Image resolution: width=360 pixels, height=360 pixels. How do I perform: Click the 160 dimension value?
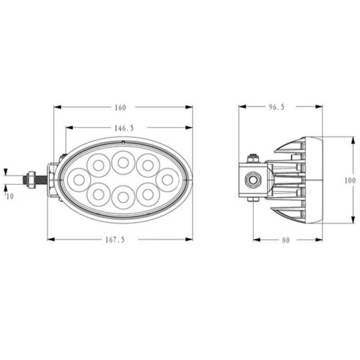click(x=120, y=108)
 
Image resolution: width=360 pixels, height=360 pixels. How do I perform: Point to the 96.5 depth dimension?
click(x=276, y=108)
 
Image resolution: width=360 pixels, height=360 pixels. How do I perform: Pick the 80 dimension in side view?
click(x=285, y=240)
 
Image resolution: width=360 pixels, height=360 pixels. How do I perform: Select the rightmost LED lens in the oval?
click(x=167, y=178)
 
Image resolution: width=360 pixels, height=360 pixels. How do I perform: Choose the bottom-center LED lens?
click(x=122, y=195)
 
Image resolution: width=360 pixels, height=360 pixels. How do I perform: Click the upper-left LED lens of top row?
click(x=97, y=163)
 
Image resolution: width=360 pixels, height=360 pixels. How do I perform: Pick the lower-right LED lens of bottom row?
click(x=148, y=193)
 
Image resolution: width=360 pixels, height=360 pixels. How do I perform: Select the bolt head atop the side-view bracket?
click(x=253, y=158)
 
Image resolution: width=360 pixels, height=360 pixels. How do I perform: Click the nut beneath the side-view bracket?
click(x=253, y=199)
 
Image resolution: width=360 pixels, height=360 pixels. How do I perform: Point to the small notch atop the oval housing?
click(x=122, y=142)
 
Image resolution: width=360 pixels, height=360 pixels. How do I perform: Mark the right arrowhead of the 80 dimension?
click(x=320, y=240)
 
